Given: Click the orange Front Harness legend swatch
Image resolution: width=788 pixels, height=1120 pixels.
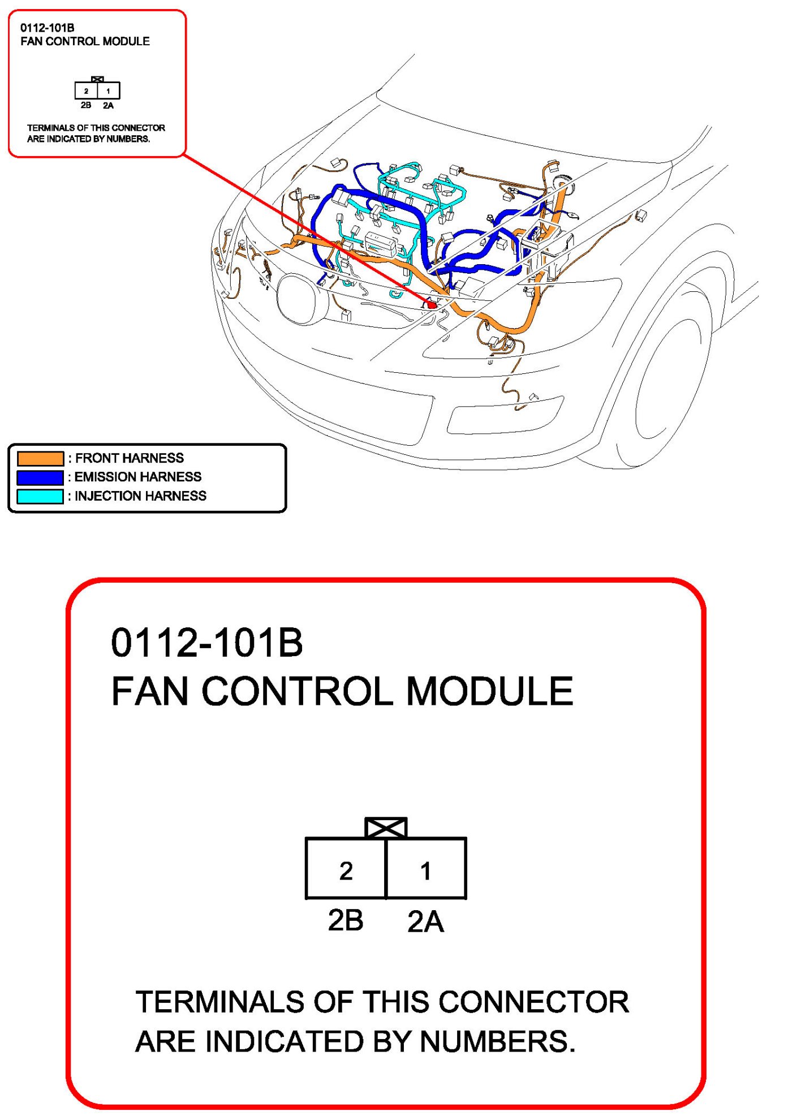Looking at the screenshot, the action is click(x=40, y=458).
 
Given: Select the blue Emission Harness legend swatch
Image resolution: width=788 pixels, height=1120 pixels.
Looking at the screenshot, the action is click(x=40, y=477).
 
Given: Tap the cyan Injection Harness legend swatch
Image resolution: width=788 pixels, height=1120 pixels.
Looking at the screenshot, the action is click(x=40, y=496).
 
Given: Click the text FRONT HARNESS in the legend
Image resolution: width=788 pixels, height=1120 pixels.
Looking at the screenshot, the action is click(x=130, y=458).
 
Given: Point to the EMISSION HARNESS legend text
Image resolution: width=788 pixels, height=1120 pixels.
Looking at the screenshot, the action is click(x=138, y=477).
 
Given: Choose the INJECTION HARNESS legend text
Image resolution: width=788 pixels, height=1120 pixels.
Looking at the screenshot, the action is click(x=141, y=496).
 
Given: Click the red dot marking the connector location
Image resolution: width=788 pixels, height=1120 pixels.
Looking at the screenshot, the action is click(x=432, y=305).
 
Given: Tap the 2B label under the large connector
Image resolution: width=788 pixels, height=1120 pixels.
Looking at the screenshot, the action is click(x=346, y=920).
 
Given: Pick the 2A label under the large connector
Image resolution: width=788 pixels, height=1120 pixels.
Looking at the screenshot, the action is click(x=425, y=921).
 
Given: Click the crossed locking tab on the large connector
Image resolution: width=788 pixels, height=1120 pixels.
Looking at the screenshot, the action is click(x=386, y=828).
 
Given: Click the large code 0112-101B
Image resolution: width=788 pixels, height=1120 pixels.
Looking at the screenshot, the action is click(x=207, y=643).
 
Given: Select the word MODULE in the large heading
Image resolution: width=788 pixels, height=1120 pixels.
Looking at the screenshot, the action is click(x=489, y=691).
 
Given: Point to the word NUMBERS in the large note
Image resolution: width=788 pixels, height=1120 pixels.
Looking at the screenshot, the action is click(x=497, y=1041).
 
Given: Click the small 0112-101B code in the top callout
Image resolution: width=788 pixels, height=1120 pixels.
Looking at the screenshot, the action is click(x=48, y=28).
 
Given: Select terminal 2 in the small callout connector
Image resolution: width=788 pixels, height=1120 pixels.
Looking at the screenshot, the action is click(x=86, y=91).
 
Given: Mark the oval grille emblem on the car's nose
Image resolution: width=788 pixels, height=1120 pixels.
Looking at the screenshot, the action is click(x=303, y=299).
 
